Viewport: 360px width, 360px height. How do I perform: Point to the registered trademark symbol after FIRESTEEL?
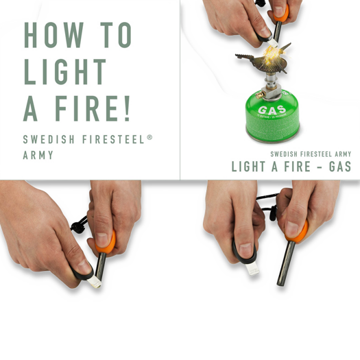pyautogui.click(x=149, y=137)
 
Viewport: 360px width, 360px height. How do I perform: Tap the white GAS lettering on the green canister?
pyautogui.click(x=272, y=111)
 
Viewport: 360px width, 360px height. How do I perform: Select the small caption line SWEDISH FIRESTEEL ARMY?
pyautogui.click(x=311, y=154)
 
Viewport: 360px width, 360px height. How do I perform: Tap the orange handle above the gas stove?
pyautogui.click(x=280, y=13)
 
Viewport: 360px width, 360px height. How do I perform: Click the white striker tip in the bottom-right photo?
pyautogui.click(x=252, y=267)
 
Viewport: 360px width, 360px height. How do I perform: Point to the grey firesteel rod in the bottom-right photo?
pyautogui.click(x=283, y=264)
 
